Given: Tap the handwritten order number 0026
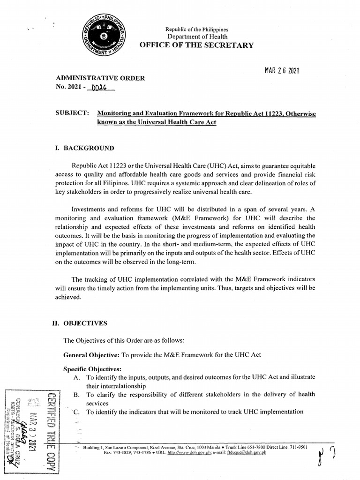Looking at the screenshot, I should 100,87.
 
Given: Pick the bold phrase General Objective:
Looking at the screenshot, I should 91,355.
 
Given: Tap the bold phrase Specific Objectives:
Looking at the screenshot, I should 89,369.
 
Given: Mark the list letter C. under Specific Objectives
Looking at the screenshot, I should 76,412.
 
